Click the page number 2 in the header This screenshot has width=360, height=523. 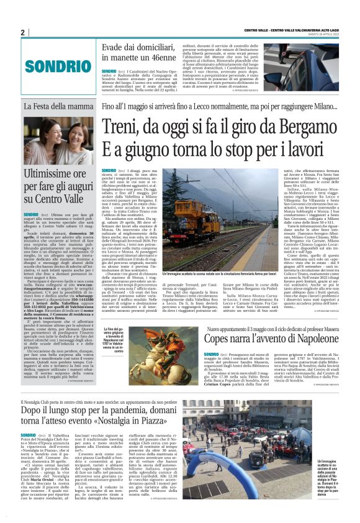[23, 32]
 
